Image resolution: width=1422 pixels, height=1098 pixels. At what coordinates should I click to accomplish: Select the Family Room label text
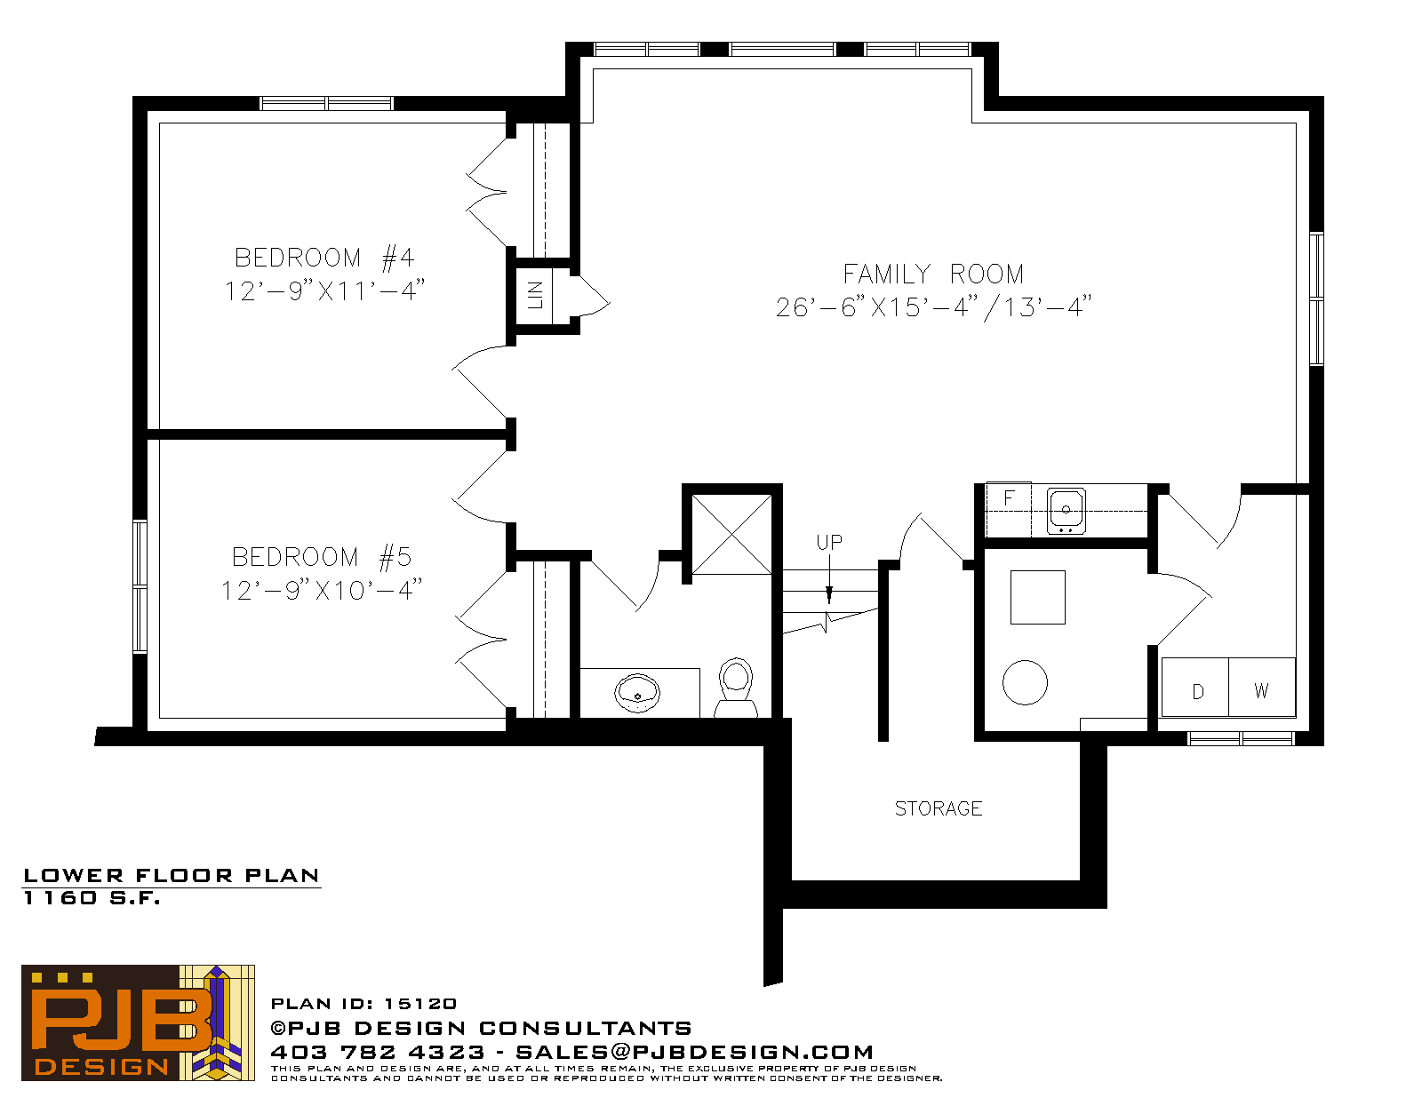(933, 274)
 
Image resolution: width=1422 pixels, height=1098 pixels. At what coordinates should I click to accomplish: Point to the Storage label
(939, 808)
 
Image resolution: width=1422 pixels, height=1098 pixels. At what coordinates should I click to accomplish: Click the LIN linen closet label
(535, 294)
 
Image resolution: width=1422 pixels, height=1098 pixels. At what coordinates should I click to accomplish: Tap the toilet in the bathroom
(736, 688)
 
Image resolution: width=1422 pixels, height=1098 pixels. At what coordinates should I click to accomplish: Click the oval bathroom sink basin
(636, 693)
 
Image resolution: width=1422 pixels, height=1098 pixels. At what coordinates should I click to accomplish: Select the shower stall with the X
(731, 534)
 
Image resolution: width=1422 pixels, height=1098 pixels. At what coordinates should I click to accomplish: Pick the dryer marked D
(1195, 688)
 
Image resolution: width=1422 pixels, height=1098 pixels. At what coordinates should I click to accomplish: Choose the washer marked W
(1262, 688)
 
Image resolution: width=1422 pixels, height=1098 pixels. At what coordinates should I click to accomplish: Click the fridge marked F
(1009, 509)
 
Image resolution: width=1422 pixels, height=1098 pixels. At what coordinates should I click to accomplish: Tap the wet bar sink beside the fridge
(1066, 510)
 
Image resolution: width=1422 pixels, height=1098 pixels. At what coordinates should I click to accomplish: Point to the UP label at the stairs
(829, 542)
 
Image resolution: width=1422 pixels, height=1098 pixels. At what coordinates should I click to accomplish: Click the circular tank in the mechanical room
(1025, 682)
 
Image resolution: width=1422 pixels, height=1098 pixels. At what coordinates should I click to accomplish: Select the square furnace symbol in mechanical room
(1038, 597)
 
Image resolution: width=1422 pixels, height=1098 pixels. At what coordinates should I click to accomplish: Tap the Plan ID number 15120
(420, 1004)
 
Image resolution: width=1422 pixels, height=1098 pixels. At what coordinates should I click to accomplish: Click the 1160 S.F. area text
(92, 898)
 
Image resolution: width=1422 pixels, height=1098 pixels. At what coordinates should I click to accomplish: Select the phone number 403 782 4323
(378, 1052)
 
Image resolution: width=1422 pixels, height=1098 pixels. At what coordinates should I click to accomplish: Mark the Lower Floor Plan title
(172, 876)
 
